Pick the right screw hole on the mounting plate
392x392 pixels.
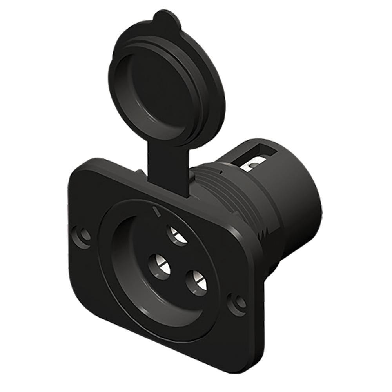[238, 303]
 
